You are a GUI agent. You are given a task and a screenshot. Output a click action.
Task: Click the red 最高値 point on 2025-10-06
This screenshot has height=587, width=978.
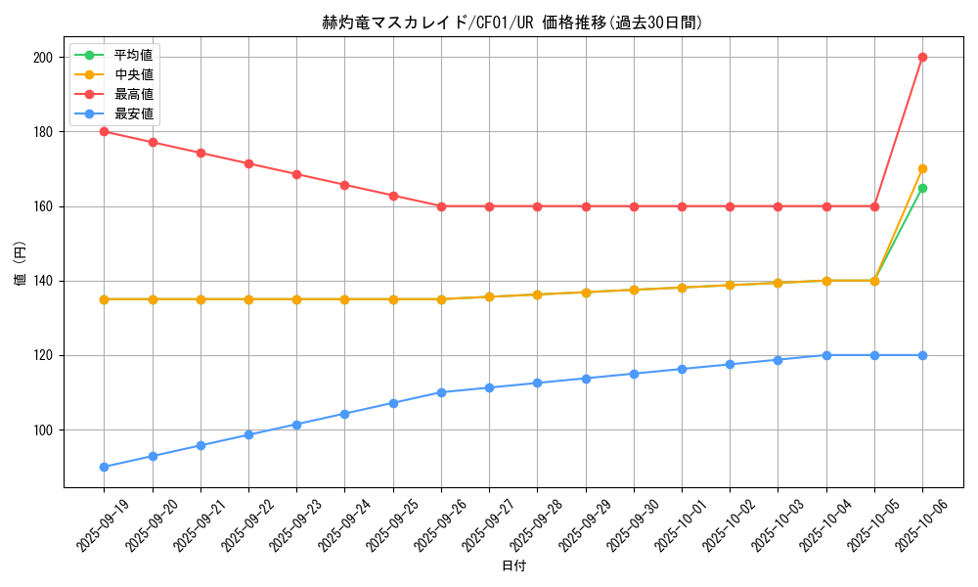(x=922, y=57)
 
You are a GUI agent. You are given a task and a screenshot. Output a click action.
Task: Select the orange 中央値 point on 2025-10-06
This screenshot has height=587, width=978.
(x=922, y=168)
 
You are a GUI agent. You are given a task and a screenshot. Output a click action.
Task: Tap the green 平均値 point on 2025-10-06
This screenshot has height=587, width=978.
(x=922, y=188)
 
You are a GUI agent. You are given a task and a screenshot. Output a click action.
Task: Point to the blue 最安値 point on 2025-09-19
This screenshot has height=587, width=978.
(x=104, y=467)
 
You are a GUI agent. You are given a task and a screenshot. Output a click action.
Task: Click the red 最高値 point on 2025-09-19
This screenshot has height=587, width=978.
(x=104, y=131)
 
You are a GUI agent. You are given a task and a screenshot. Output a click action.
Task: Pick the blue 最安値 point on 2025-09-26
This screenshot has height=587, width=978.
(x=441, y=392)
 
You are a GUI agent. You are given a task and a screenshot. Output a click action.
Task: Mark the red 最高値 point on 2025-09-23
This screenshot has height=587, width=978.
(x=296, y=174)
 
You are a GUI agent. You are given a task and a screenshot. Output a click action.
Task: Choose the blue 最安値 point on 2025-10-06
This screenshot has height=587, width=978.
(x=922, y=355)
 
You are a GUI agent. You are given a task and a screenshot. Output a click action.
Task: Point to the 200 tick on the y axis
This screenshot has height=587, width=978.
(x=43, y=57)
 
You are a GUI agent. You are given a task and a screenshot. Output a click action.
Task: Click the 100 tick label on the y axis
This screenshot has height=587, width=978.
(x=43, y=429)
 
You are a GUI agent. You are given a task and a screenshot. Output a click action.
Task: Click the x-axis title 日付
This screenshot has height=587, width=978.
(x=513, y=566)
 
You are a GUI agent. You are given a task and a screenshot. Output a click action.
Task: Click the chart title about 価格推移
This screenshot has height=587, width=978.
(x=513, y=23)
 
